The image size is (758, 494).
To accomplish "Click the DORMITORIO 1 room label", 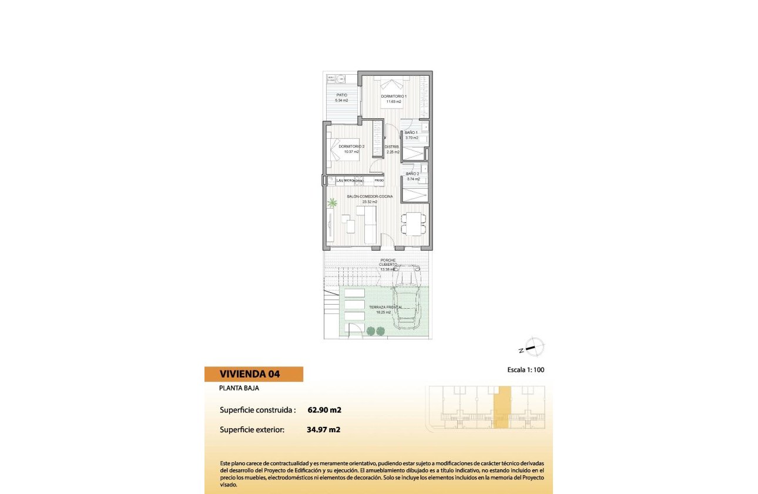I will pos(394,96).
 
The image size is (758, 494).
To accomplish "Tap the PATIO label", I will pos(341,95).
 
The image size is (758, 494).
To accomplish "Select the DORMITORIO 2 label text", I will pos(352,146).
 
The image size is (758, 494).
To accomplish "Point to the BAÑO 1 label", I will pos(411,132).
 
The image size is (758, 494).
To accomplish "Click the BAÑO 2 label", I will pos(412,174).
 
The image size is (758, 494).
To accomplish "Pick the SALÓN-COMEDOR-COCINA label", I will pos(370,196).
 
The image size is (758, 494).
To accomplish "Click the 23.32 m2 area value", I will pos(370,202).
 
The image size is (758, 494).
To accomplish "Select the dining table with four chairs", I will pos(415,223).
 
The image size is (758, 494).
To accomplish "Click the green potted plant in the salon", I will pos(333,203).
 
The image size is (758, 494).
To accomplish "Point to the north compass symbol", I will pos(533,348).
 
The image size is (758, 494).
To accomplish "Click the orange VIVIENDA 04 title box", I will pos(253,374).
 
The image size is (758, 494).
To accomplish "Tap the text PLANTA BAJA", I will pos(239,388).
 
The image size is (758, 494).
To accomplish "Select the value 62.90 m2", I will pos(324,410).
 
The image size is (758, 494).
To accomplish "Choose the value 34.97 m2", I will pos(324,429).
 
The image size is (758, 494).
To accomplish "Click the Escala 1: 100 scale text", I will pos(529,370).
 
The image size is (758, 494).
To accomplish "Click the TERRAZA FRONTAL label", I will pos(385,307).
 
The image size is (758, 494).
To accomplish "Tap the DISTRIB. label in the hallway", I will pos(392,146).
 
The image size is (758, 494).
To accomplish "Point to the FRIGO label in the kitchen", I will pos(379,180).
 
